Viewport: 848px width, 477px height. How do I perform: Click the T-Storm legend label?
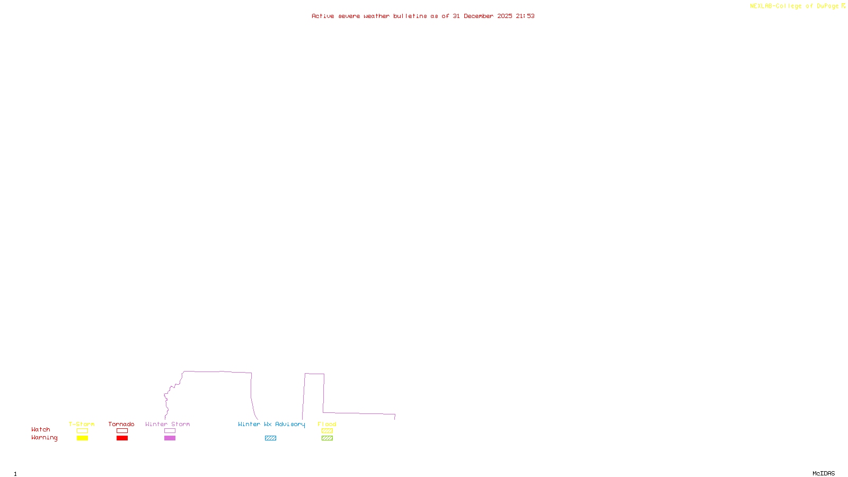(82, 424)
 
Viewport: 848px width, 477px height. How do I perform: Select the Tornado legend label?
(121, 424)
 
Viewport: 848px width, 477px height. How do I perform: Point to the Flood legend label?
(327, 424)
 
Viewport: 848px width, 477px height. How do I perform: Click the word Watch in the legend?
(41, 429)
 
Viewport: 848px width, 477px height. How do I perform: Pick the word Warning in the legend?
(44, 438)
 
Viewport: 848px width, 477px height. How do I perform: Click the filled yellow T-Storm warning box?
(82, 438)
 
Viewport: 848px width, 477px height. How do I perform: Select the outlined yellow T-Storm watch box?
(82, 431)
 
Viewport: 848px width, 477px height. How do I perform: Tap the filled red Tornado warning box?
(122, 438)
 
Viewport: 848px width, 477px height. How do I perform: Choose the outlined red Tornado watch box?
(122, 431)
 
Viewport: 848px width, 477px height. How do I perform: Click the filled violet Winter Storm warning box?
(170, 438)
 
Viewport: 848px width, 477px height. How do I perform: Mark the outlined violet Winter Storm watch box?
(170, 431)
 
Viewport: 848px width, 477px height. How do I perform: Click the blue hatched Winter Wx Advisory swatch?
(270, 438)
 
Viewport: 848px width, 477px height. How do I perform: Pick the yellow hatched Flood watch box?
(327, 431)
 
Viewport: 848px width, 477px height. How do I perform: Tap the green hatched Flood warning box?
(327, 438)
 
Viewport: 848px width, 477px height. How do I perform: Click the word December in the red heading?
(479, 16)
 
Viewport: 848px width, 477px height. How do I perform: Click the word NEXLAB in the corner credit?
(761, 6)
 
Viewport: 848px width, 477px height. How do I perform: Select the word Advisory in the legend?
(290, 424)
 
